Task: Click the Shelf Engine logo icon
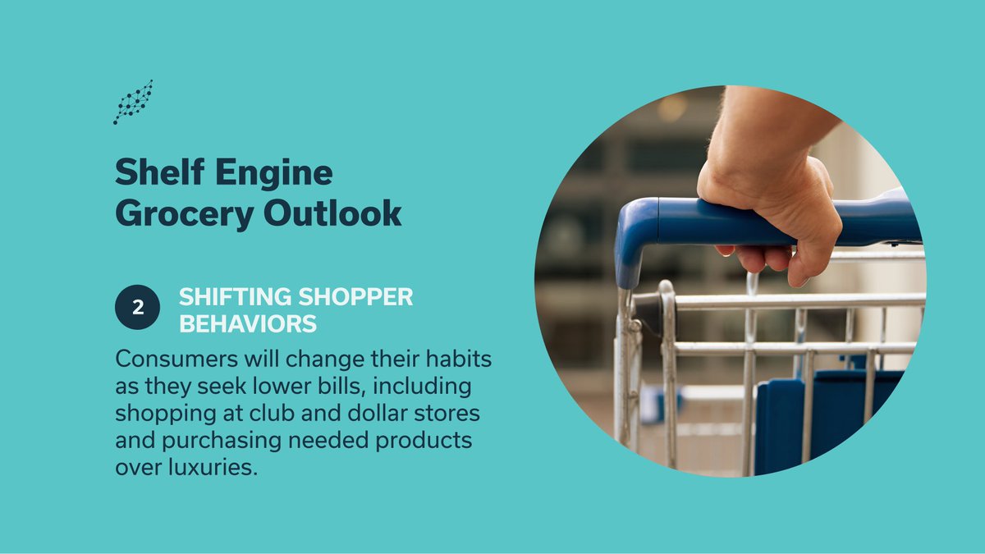click(x=133, y=102)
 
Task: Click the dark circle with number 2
click(x=136, y=309)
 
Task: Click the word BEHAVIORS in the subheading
click(x=248, y=324)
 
